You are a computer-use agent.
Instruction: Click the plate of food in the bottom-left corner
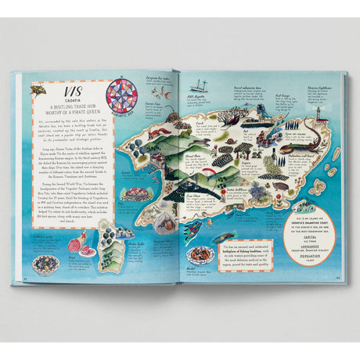tap(45, 264)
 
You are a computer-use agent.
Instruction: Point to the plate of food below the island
tap(201, 255)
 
